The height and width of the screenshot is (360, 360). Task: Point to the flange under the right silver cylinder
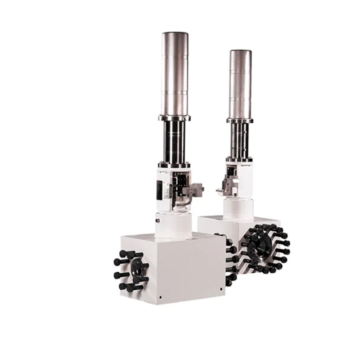(x=240, y=120)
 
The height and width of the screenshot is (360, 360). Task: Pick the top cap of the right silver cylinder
(x=240, y=52)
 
